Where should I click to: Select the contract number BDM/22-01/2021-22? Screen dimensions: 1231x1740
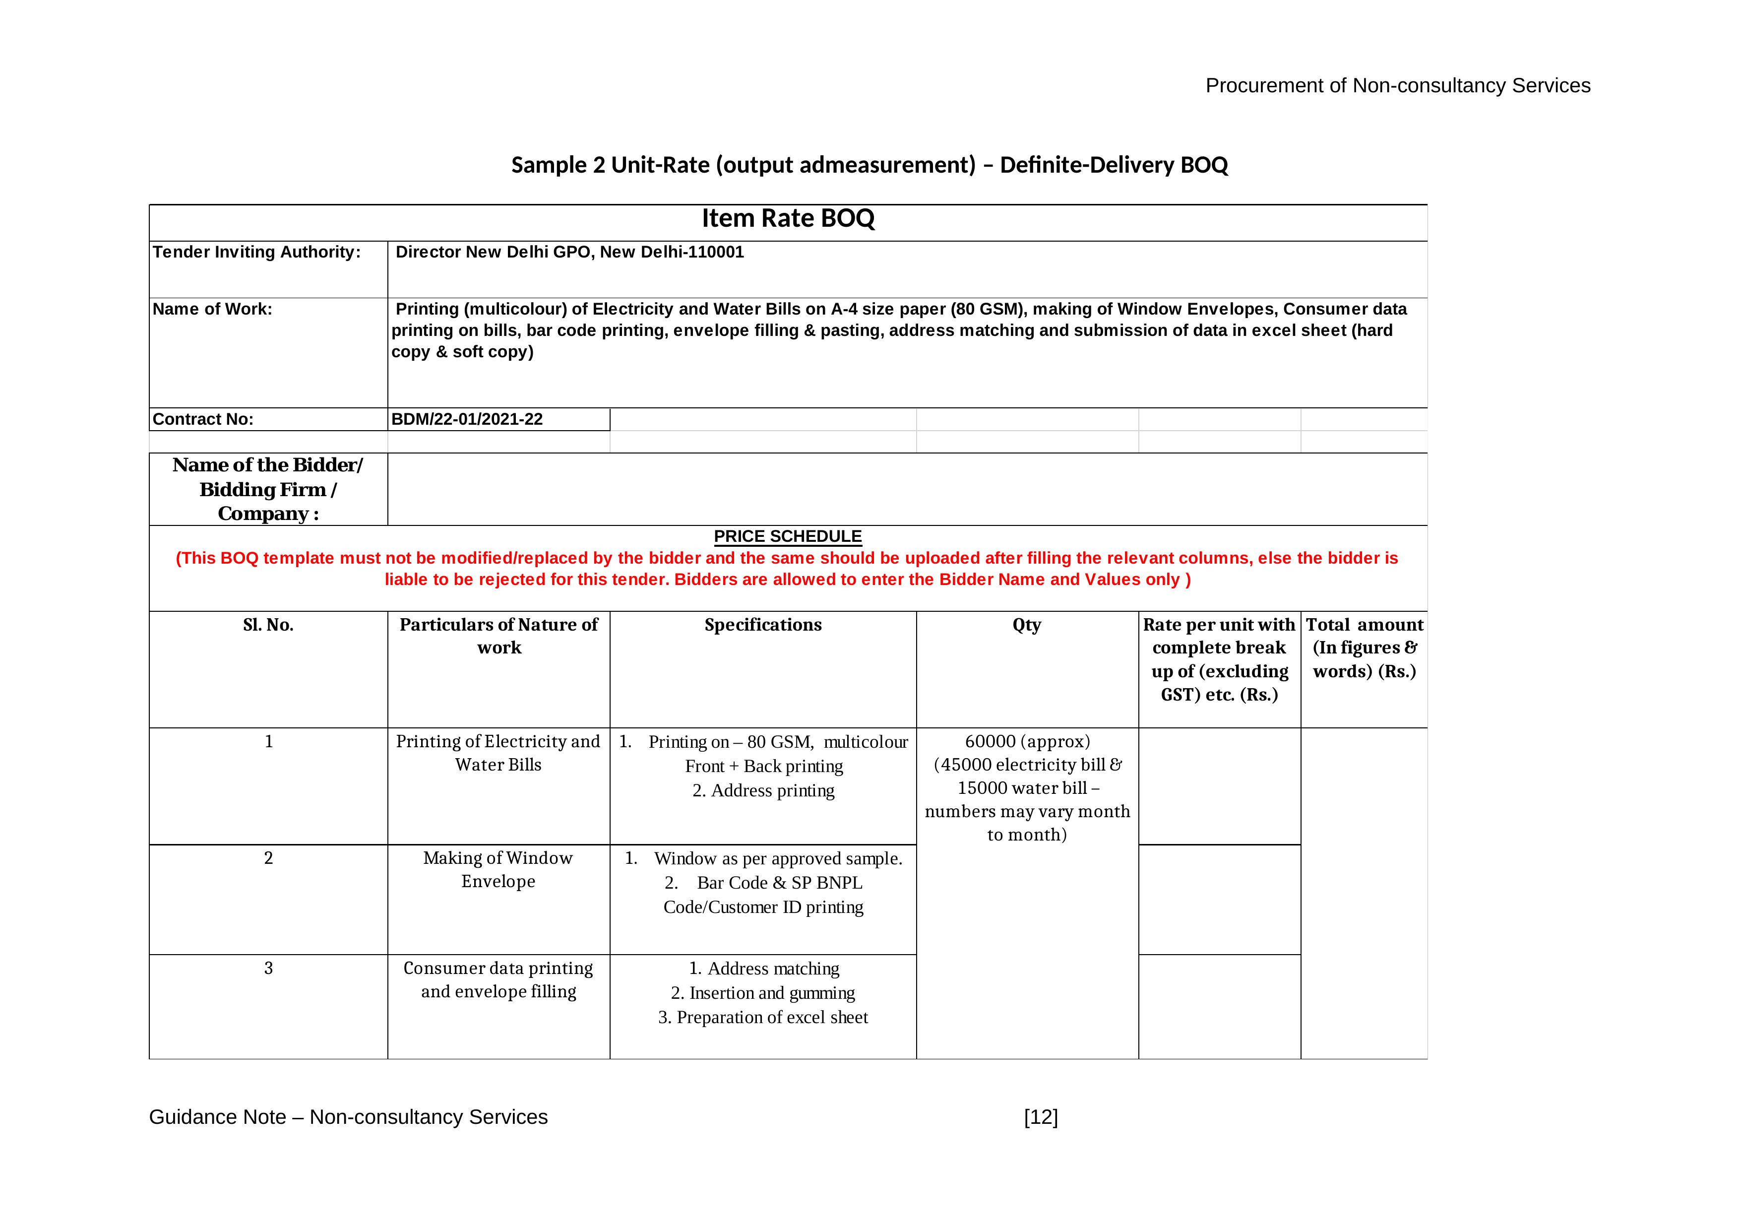click(467, 419)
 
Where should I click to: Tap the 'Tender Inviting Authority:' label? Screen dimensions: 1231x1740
click(256, 253)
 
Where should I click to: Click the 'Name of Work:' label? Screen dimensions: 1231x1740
click(212, 309)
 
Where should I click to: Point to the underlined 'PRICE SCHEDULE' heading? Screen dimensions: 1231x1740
click(787, 537)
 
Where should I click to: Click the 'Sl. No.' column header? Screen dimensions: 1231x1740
click(268, 625)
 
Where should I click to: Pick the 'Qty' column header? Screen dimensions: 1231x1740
click(1026, 625)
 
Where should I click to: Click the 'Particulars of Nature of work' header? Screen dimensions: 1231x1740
click(498, 636)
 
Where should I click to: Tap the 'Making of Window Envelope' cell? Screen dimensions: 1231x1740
click(498, 869)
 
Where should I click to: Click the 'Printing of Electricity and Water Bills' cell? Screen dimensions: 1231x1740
click(498, 753)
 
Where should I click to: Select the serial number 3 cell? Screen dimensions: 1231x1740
click(268, 969)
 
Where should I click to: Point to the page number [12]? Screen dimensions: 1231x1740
click(1041, 1117)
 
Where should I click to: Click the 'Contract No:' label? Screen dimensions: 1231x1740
click(203, 419)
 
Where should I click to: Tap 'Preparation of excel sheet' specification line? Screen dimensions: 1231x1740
click(763, 1018)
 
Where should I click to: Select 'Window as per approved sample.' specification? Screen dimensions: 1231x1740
click(778, 859)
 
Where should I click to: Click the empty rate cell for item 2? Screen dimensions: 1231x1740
click(1219, 900)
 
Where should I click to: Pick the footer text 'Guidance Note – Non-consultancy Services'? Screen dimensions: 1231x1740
click(348, 1117)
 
